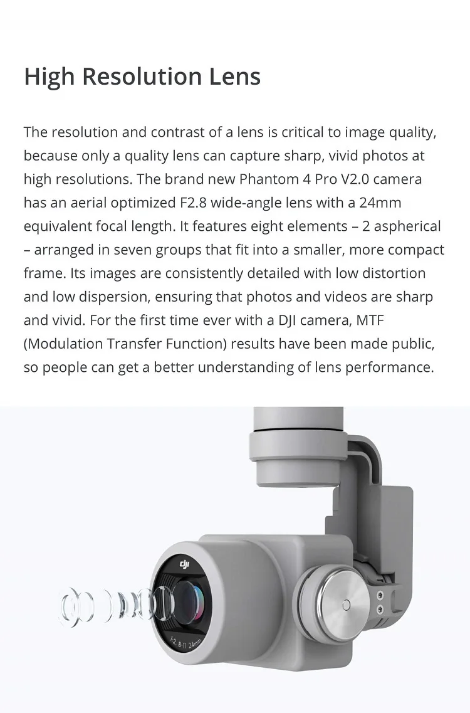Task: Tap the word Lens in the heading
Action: pyautogui.click(x=234, y=77)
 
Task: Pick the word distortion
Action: pyautogui.click(x=392, y=273)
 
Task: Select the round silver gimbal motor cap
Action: pyautogui.click(x=332, y=603)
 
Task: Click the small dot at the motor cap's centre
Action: pyautogui.click(x=346, y=605)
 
